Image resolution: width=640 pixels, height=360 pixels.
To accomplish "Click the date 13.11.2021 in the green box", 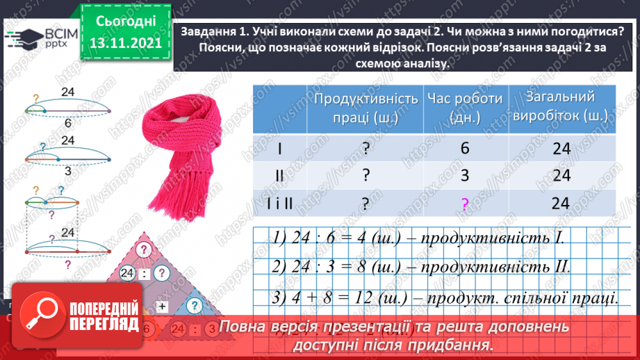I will click(x=125, y=43).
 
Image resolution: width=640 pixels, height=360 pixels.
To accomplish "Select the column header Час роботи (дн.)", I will click(x=465, y=108).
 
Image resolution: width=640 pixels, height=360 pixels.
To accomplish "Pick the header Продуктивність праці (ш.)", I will click(x=366, y=108).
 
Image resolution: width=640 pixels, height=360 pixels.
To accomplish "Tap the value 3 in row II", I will click(x=465, y=175).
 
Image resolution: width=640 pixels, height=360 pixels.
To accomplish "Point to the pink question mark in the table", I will click(x=465, y=203).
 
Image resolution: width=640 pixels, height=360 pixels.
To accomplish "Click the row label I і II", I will click(x=279, y=203).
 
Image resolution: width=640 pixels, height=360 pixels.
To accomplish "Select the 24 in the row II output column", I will click(x=561, y=175).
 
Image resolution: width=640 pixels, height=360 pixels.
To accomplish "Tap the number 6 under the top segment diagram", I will click(x=67, y=123).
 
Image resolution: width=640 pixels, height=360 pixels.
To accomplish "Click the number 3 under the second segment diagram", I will click(x=67, y=170).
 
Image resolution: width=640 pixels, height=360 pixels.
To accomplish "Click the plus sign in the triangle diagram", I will click(x=163, y=305).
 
